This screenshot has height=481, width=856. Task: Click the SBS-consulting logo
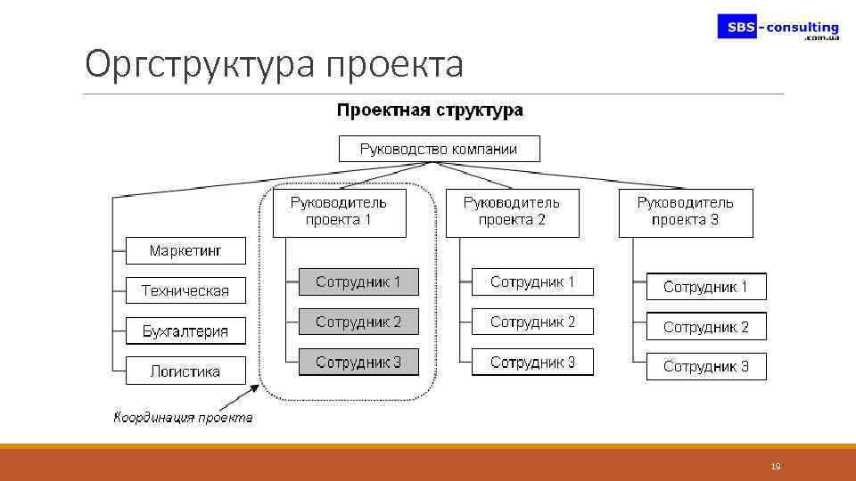point(778,28)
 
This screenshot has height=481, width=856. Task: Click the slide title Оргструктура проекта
point(274,64)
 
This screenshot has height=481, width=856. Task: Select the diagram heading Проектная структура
point(430,111)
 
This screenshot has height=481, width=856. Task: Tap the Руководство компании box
point(439,149)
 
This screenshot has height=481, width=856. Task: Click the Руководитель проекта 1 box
point(339,212)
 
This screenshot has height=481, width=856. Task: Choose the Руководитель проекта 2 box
point(512,212)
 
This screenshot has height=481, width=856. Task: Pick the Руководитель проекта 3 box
point(686,212)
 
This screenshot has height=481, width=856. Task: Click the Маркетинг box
point(185,250)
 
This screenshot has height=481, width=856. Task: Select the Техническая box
point(185,290)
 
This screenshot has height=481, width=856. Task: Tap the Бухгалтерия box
point(185,331)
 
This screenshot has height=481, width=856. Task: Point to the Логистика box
point(185,371)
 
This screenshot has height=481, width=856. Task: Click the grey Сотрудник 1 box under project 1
point(358,282)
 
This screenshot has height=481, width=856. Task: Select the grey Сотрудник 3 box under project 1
point(358,363)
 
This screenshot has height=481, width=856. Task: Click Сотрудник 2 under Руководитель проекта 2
point(532,322)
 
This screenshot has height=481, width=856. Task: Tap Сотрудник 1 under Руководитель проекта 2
point(532,282)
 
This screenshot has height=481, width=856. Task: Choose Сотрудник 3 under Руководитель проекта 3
point(706,366)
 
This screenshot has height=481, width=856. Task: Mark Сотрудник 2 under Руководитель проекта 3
point(706,327)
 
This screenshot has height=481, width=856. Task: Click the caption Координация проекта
point(183,417)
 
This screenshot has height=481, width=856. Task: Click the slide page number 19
point(775,467)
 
